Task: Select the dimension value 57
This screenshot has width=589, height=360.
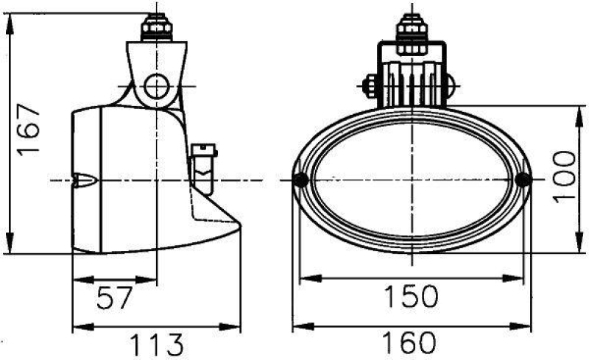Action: [116, 298]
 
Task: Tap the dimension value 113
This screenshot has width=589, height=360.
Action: [156, 343]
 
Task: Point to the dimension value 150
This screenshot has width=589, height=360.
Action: [411, 296]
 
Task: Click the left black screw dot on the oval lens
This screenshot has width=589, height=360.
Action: [300, 180]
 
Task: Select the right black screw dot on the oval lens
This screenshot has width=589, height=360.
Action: [523, 180]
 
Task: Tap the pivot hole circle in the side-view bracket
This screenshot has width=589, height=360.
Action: [157, 86]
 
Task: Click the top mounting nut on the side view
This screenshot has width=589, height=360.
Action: [158, 29]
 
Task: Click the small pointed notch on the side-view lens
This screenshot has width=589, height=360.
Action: [85, 180]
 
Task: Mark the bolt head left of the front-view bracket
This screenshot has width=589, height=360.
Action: [369, 86]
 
